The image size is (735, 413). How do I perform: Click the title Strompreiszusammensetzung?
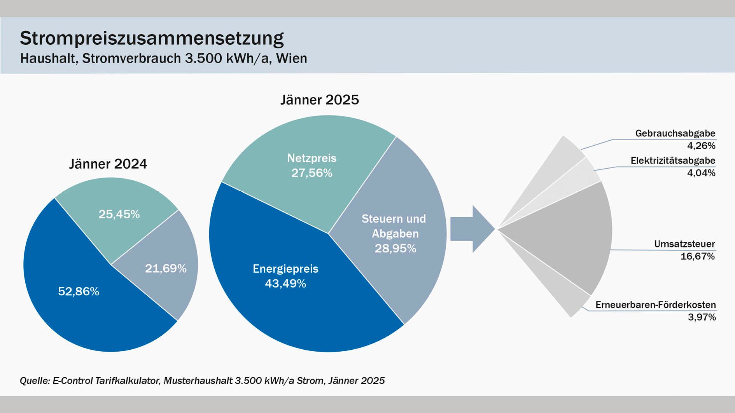pos(152,38)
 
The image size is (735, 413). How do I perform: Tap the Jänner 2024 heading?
pos(108,164)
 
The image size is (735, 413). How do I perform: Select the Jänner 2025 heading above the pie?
pos(320,100)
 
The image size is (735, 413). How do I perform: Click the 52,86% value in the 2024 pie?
pos(79,291)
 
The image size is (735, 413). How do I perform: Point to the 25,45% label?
pos(119,214)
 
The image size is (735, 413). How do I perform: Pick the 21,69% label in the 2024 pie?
pos(166,268)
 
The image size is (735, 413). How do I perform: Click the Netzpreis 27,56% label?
pos(312,166)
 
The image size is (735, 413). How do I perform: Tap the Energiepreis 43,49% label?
pos(285,276)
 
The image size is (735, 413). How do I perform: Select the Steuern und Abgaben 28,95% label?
pos(394,234)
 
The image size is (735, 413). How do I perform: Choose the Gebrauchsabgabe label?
pos(675,133)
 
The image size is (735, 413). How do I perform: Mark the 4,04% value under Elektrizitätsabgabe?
pos(701,173)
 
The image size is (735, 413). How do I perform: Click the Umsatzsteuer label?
pos(684,244)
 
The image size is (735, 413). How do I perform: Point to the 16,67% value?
pos(697,256)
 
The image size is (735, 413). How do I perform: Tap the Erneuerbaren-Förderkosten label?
pos(655,305)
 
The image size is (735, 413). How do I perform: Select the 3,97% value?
pos(702,317)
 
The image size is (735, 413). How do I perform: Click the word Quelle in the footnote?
pos(35,381)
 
